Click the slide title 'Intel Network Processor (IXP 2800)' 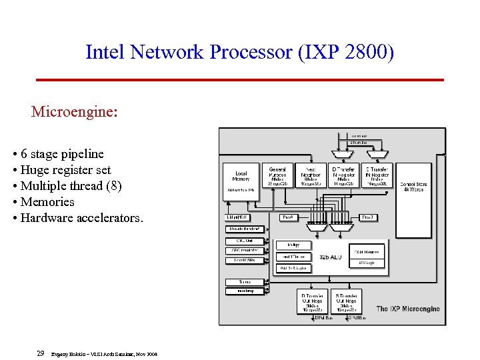pos(239,51)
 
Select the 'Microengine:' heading pos(74,111)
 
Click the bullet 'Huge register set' pos(65,170)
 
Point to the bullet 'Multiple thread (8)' pos(71,186)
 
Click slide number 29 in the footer pos(41,353)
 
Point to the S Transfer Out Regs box pos(349,302)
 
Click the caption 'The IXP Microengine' pos(408,309)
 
